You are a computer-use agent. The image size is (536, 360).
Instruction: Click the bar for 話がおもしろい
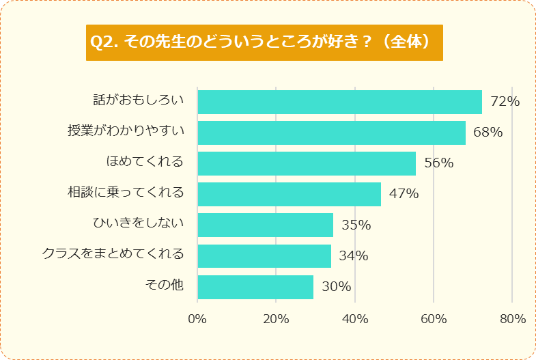[339, 102]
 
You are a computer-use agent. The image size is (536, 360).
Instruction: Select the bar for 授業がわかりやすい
[331, 133]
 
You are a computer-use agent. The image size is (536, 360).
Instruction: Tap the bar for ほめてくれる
[307, 163]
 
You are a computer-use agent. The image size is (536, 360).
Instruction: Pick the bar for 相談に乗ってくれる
[289, 194]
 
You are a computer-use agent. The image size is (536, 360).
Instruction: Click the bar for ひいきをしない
[265, 225]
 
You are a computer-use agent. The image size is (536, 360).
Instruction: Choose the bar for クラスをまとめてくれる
[264, 255]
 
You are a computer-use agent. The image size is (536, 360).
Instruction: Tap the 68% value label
[488, 133]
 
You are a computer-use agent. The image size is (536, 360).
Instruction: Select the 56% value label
[438, 163]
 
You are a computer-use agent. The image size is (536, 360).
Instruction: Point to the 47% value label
[404, 194]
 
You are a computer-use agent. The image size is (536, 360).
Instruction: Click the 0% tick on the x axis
[197, 319]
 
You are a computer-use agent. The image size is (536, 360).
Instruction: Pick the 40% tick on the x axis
[355, 319]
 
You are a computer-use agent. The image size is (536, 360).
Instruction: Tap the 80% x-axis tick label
[512, 319]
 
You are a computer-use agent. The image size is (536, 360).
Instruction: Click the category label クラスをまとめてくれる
[113, 254]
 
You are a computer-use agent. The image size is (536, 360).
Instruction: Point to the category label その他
[165, 285]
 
